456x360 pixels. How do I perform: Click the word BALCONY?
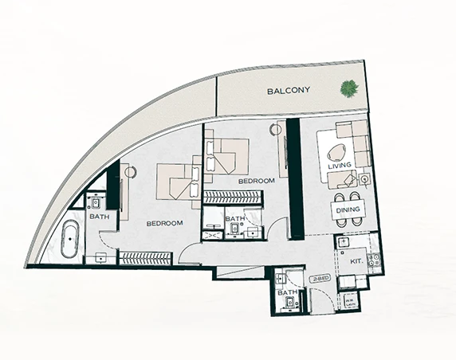(288, 92)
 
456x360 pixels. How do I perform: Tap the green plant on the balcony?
(348, 88)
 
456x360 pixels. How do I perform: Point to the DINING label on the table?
(348, 209)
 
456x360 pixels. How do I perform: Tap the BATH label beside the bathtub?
(99, 217)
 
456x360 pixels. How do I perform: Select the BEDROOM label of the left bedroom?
(165, 223)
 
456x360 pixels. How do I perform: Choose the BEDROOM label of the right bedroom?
(256, 182)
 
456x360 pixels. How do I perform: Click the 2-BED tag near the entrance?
(321, 279)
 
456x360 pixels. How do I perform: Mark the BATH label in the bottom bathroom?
(287, 293)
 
